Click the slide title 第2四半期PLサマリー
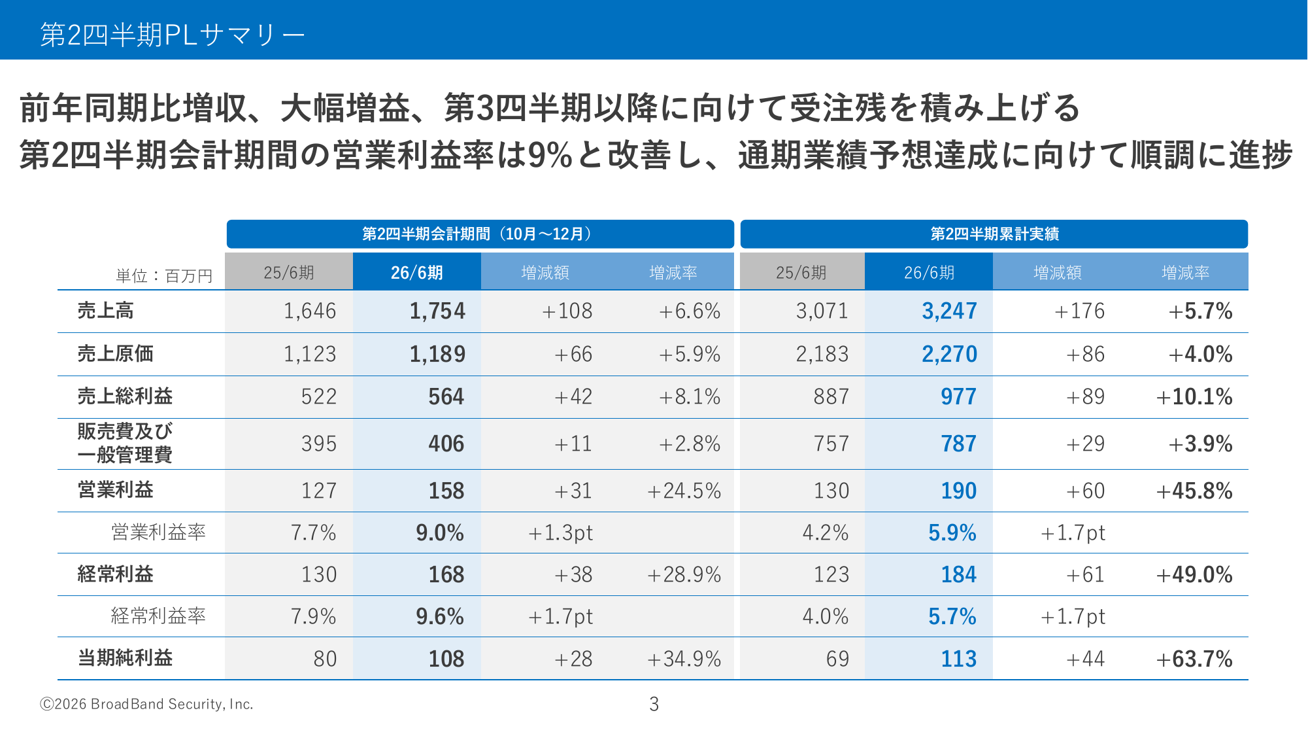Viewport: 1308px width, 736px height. click(173, 35)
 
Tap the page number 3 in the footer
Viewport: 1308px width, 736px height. click(654, 704)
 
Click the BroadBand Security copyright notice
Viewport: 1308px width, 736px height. click(146, 704)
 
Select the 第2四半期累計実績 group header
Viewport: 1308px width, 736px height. click(994, 234)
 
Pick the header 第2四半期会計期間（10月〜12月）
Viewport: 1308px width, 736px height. click(479, 234)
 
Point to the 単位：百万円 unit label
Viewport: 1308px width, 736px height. click(164, 276)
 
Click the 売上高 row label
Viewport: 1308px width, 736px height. click(105, 311)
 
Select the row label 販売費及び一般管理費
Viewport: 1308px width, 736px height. click(125, 443)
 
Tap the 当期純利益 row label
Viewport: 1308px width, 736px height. click(125, 658)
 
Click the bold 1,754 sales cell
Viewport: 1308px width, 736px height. click(437, 311)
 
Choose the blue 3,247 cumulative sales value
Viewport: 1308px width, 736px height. click(949, 311)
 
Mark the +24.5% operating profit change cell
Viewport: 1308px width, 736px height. click(684, 491)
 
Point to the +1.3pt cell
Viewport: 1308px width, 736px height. click(560, 533)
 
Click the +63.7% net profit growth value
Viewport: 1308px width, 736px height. click(1194, 659)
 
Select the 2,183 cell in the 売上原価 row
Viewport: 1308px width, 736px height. click(822, 354)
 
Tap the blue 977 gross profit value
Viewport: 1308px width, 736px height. click(958, 396)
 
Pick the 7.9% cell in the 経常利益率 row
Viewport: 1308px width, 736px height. click(313, 616)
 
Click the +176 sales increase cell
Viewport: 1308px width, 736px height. click(1079, 311)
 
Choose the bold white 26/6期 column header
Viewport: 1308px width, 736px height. click(417, 272)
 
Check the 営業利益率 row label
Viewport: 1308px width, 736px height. click(158, 533)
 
